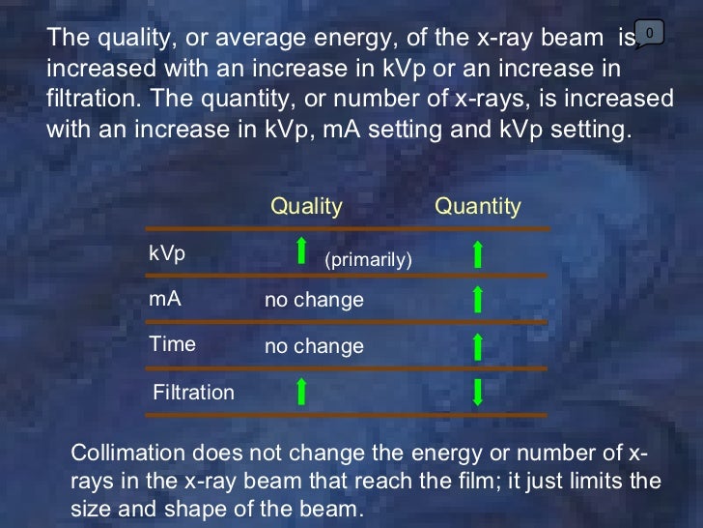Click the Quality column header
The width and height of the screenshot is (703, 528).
click(306, 206)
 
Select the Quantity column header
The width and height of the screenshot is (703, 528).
click(477, 206)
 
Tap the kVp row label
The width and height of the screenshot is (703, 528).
click(167, 253)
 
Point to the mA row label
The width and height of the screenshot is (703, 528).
click(164, 300)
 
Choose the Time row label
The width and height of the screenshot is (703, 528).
click(172, 344)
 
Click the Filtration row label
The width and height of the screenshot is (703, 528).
click(194, 393)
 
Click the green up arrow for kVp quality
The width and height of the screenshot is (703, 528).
click(301, 250)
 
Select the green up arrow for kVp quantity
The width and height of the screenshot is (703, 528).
click(477, 254)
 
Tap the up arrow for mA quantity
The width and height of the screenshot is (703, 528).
click(477, 300)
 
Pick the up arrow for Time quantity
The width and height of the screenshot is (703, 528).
click(477, 345)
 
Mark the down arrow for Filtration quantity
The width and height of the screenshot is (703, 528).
click(477, 392)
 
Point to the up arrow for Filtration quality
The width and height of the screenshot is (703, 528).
click(301, 392)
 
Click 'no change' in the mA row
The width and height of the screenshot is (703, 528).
click(314, 301)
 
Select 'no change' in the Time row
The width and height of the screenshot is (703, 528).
click(314, 346)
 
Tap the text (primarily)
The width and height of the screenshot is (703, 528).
click(368, 260)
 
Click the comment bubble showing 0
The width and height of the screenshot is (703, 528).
click(649, 34)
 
